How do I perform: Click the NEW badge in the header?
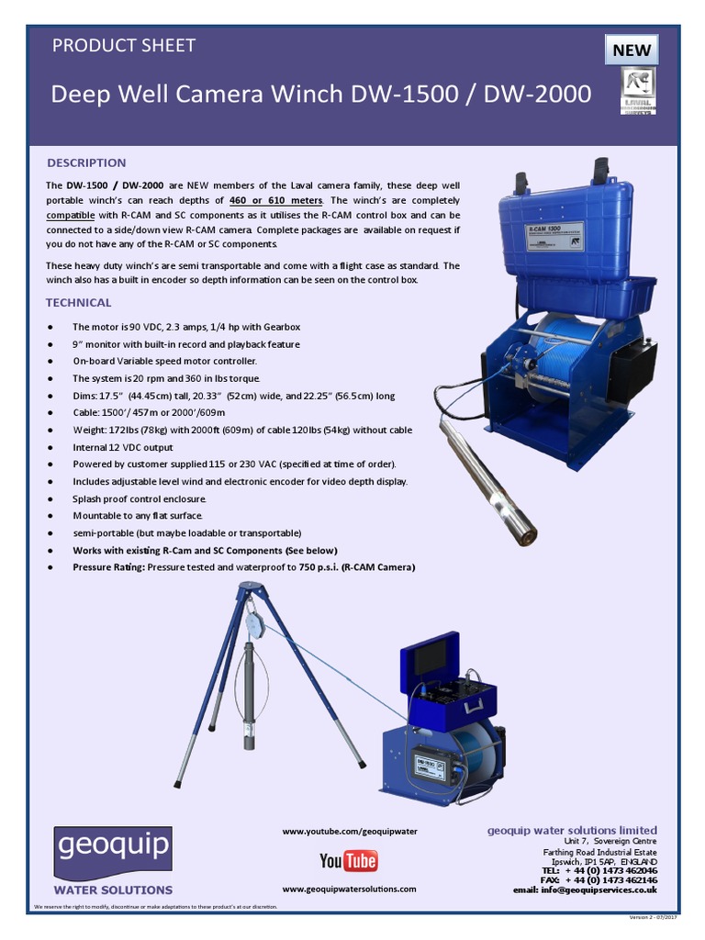click(x=632, y=50)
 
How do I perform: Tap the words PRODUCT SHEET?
click(x=123, y=45)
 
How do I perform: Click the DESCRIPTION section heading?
click(x=86, y=162)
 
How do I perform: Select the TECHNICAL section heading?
click(x=79, y=302)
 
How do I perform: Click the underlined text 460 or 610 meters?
click(x=275, y=200)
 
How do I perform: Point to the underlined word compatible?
click(x=71, y=215)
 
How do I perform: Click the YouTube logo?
click(x=349, y=860)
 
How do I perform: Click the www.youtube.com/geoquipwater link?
click(x=350, y=831)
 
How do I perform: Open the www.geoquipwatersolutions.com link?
click(x=349, y=889)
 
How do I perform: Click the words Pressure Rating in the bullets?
click(x=106, y=567)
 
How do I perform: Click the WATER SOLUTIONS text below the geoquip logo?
click(x=113, y=890)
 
